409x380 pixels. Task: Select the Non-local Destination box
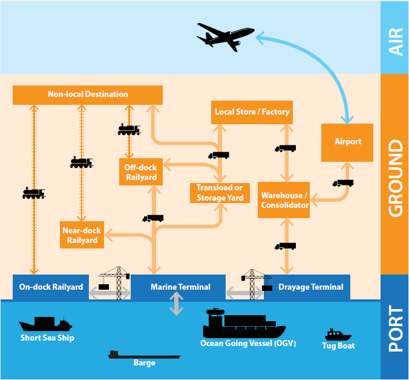click(x=88, y=95)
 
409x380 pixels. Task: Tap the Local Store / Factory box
click(x=252, y=112)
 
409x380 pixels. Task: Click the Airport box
click(x=348, y=142)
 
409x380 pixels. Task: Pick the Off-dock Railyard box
click(x=141, y=172)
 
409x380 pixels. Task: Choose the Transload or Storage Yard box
click(x=219, y=193)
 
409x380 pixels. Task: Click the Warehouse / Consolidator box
click(x=284, y=200)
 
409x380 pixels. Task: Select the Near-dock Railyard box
click(x=82, y=235)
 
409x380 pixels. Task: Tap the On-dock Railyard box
click(x=51, y=287)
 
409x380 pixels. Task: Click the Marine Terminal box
click(x=180, y=287)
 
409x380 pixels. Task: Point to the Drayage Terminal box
click(x=311, y=287)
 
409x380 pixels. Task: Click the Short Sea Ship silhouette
click(x=46, y=324)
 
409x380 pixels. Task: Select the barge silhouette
click(x=143, y=355)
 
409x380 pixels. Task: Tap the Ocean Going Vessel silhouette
click(x=243, y=325)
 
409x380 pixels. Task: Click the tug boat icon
click(x=338, y=335)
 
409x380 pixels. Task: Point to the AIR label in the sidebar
click(x=395, y=38)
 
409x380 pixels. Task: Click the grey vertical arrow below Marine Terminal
click(x=176, y=304)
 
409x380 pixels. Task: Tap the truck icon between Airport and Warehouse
click(x=342, y=183)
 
